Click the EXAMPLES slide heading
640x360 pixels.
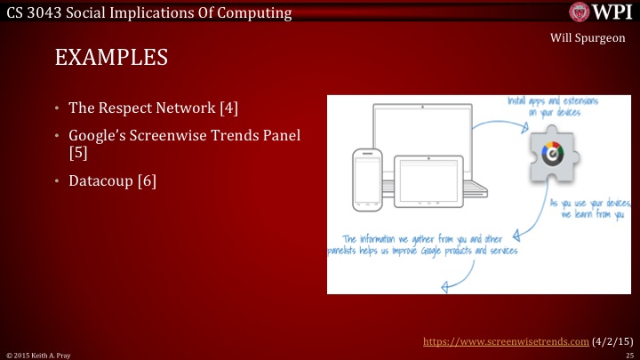click(x=111, y=59)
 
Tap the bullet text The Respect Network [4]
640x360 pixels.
click(x=154, y=109)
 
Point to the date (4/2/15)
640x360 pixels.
click(x=612, y=340)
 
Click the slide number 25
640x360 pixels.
click(x=628, y=355)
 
